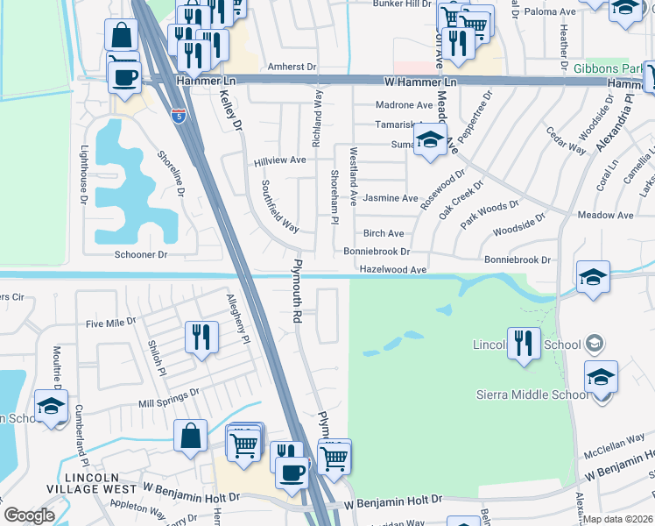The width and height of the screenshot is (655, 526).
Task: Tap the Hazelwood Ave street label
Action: pos(392,270)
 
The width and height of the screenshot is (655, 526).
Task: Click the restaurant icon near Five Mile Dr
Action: pos(202,338)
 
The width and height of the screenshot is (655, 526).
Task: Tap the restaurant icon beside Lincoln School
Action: pos(524,343)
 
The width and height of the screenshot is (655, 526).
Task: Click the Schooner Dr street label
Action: pos(140,254)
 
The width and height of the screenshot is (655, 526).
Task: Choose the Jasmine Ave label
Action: pos(391,198)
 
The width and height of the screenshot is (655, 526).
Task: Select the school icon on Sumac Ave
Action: pos(430,141)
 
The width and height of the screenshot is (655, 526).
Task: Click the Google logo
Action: pos(29,515)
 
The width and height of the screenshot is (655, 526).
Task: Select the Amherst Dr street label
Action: pos(292,67)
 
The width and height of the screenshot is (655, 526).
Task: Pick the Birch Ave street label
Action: pos(384,233)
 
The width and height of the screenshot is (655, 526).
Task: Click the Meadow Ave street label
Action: pos(605,215)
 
